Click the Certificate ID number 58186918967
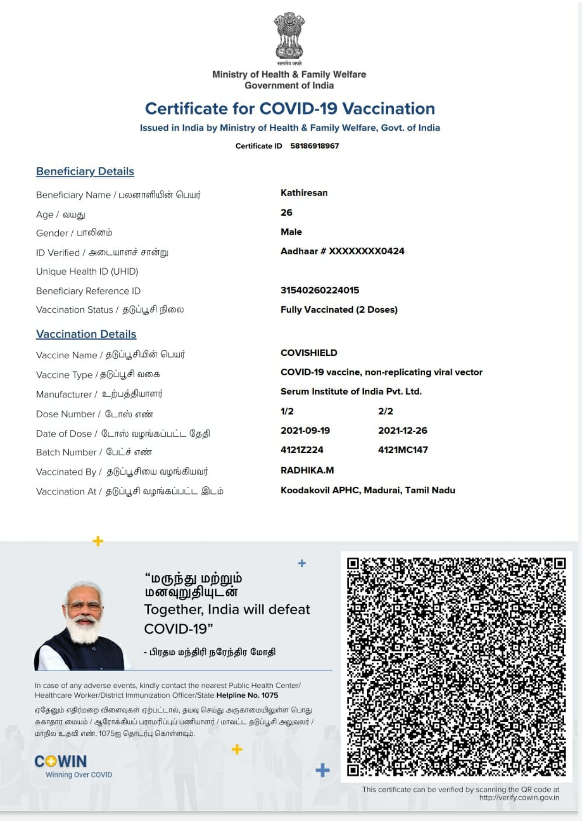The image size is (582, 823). [314, 146]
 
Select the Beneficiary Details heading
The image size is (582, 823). [85, 172]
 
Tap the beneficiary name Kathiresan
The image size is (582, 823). [304, 193]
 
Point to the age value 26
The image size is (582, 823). [286, 212]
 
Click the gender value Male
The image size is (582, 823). [291, 232]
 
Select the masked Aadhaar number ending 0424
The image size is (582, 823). [342, 251]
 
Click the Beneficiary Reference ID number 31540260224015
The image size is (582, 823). [320, 290]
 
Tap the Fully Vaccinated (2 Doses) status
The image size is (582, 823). [339, 310]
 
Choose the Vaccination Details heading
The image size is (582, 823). [86, 334]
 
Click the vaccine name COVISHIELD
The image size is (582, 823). [309, 353]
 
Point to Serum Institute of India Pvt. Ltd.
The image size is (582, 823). [351, 392]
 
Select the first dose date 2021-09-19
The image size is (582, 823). [305, 430]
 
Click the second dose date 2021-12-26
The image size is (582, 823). [403, 430]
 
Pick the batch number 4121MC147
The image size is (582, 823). [403, 450]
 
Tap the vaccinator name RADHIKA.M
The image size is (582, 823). [307, 470]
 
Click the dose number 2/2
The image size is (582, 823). [385, 411]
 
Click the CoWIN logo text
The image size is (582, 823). [61, 761]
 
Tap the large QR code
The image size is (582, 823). [456, 666]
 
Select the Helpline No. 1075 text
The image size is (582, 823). [247, 695]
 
